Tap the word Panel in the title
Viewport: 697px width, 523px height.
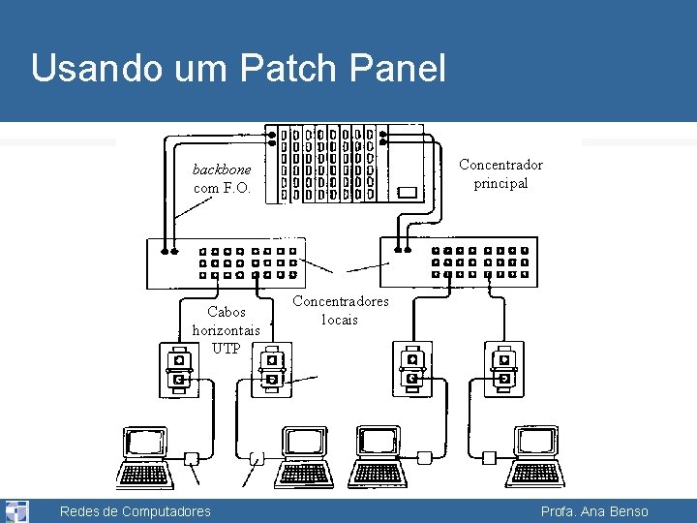[397, 69]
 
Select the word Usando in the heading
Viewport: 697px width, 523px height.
[103, 69]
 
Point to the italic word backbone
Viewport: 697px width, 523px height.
[222, 169]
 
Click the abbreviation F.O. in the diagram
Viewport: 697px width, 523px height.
[237, 188]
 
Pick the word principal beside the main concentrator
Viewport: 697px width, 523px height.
[500, 183]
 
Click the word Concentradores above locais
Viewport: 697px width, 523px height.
[341, 301]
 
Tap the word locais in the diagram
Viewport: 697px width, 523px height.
[340, 320]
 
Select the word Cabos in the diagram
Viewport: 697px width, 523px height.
[227, 312]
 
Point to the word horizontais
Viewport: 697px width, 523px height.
[227, 330]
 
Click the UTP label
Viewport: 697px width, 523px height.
[227, 348]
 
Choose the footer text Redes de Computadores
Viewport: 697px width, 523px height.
[135, 511]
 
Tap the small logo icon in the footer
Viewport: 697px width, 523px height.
[16, 510]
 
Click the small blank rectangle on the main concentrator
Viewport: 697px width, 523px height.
[408, 192]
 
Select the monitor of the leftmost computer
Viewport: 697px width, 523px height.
[146, 444]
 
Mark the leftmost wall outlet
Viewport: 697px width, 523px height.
[177, 369]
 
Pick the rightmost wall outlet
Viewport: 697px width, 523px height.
[503, 369]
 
